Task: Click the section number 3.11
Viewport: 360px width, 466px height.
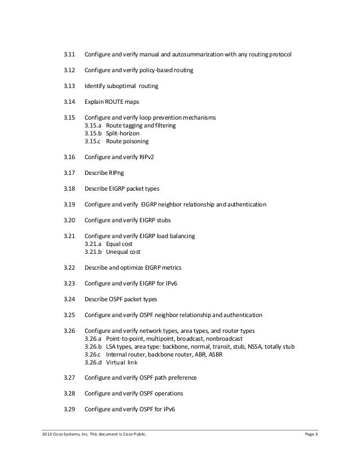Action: (69, 55)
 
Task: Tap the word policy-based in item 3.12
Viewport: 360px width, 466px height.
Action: (160, 71)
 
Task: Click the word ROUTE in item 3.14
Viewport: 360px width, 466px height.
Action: (117, 102)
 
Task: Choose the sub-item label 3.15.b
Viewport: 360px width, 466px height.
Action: (93, 133)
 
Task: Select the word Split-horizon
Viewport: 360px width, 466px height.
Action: (122, 133)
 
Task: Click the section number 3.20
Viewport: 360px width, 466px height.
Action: (69, 220)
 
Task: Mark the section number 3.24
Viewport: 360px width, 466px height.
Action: (69, 299)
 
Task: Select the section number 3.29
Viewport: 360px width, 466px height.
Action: (69, 408)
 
